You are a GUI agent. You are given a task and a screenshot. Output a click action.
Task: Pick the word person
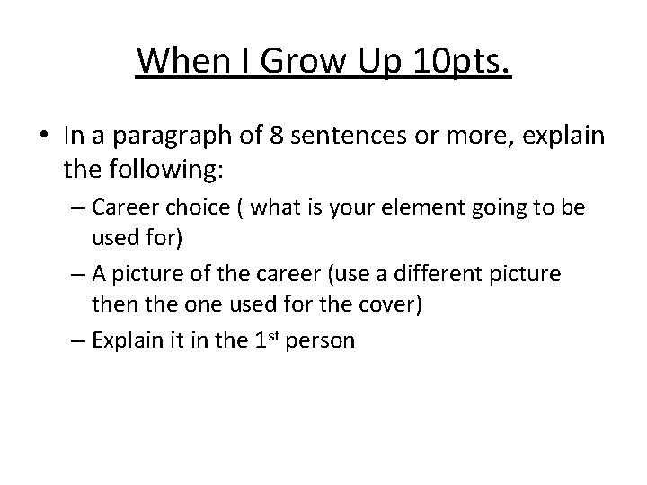click(x=324, y=342)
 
